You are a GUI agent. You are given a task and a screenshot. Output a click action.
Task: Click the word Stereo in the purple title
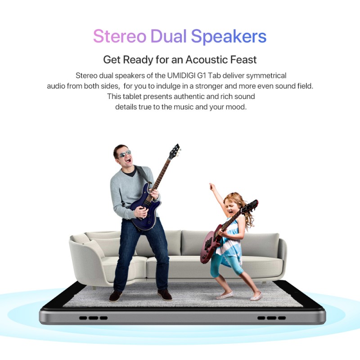coord(120,36)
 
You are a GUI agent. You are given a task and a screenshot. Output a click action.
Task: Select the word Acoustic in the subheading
coord(206,60)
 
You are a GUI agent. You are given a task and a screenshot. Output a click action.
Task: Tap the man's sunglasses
coord(125,153)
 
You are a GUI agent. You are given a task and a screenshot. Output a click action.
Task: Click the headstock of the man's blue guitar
coord(174,152)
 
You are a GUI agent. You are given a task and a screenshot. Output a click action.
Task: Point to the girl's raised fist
coord(211,186)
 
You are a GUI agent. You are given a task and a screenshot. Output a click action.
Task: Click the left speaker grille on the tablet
coord(93,318)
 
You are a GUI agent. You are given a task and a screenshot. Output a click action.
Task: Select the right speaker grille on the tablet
coord(271,318)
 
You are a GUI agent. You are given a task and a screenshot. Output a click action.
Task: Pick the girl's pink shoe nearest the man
coord(225,295)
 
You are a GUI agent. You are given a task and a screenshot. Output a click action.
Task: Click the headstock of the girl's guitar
coord(252,205)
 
